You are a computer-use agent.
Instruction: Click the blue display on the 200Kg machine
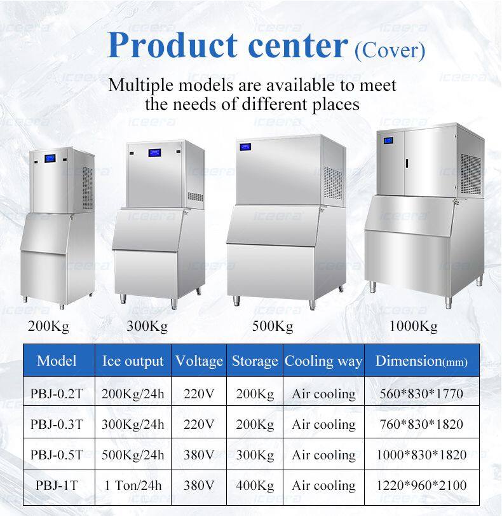pyautogui.click(x=50, y=158)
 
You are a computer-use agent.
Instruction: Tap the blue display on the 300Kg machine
pyautogui.click(x=154, y=152)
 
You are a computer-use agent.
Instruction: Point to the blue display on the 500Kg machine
pyautogui.click(x=245, y=147)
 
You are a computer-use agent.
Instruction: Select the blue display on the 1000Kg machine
pyautogui.click(x=388, y=141)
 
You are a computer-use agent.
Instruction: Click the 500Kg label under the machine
pyautogui.click(x=273, y=326)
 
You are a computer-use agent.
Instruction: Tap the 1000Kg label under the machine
pyautogui.click(x=413, y=326)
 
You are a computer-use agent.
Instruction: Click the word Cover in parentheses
pyautogui.click(x=390, y=51)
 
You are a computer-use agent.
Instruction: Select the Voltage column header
pyautogui.click(x=200, y=361)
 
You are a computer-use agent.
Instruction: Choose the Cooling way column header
pyautogui.click(x=323, y=361)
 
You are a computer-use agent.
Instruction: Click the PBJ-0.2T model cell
pyautogui.click(x=57, y=394)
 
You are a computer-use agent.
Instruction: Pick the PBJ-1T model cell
pyautogui.click(x=57, y=485)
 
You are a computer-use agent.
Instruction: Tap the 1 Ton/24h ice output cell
pyautogui.click(x=133, y=485)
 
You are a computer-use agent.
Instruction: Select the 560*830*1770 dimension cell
pyautogui.click(x=421, y=394)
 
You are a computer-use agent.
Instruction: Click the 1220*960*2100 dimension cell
pyautogui.click(x=421, y=485)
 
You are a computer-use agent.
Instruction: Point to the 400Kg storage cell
pyautogui.click(x=255, y=485)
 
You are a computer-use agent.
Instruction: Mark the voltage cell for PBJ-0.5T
pyautogui.click(x=199, y=455)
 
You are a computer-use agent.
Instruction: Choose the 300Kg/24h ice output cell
pyautogui.click(x=133, y=424)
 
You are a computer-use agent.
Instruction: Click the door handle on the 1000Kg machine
pyautogui.click(x=407, y=164)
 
